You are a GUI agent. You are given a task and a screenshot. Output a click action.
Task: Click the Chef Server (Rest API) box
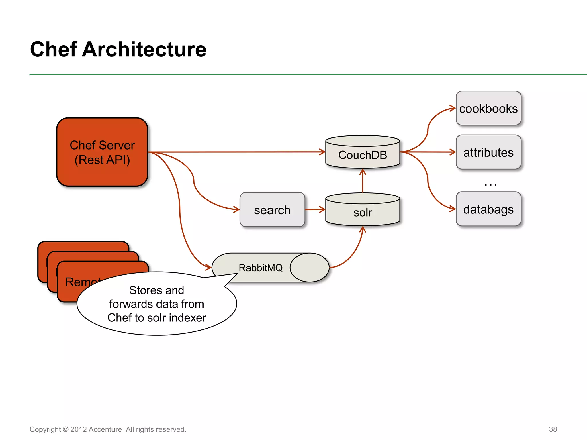click(x=102, y=152)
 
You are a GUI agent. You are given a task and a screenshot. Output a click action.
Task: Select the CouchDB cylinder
click(x=363, y=155)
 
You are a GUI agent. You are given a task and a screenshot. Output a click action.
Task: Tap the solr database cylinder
click(x=363, y=212)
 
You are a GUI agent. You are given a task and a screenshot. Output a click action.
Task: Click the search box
click(x=272, y=210)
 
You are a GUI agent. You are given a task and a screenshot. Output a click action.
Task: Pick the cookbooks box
click(x=488, y=109)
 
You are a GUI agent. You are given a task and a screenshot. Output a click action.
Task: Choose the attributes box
click(x=488, y=152)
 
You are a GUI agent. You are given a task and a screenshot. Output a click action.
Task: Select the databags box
click(x=488, y=209)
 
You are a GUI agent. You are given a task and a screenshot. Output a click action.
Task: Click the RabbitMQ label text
click(x=261, y=268)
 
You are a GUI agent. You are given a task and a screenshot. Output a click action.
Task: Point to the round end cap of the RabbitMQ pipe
click(x=310, y=268)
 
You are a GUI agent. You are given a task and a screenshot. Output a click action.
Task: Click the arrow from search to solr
click(x=315, y=209)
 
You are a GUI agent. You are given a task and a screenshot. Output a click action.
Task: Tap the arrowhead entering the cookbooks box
click(x=453, y=108)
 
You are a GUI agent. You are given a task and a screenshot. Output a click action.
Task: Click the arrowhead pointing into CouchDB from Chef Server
click(x=322, y=152)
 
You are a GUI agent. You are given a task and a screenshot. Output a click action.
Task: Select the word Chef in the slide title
click(x=53, y=49)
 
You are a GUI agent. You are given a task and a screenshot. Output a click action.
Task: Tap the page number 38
click(x=553, y=429)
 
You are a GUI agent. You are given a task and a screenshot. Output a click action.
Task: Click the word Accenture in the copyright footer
click(x=105, y=429)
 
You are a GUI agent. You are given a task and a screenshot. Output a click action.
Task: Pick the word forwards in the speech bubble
click(x=131, y=304)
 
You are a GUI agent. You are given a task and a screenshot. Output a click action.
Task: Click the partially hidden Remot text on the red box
click(x=80, y=282)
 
